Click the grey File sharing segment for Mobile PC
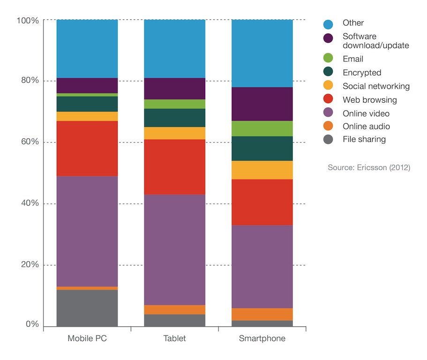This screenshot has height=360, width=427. pos(87,308)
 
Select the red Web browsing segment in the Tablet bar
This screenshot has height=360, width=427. pos(174,167)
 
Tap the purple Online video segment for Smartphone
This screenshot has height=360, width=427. pos(262,267)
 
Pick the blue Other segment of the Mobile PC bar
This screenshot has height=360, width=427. pos(87,49)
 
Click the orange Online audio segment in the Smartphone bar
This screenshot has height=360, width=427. pos(262,314)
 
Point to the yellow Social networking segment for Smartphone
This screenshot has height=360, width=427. pos(262,170)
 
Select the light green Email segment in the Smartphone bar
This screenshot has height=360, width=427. pos(262,128)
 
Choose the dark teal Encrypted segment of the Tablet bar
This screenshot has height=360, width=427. pos(174,118)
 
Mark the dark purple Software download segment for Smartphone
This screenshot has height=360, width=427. pos(262,104)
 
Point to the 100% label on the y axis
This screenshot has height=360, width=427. pos(27,20)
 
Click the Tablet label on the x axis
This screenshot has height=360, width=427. pos(174,338)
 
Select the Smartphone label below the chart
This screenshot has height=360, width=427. pos(262,338)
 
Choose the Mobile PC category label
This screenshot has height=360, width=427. pos(87,338)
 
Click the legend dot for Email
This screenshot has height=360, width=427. pos(328,59)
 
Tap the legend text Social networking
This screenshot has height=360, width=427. pos(376,86)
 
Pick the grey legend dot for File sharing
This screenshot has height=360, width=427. pos(328,139)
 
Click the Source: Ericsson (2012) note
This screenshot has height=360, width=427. pos(369,167)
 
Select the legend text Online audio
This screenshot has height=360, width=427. pos(366,126)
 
